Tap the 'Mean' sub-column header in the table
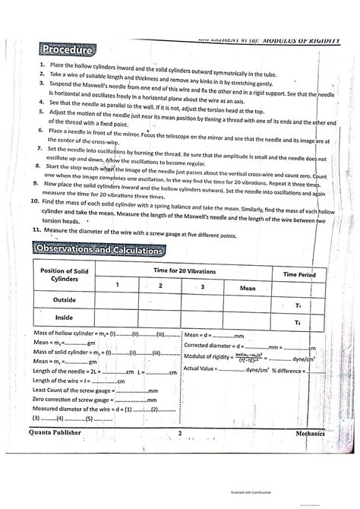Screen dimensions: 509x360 (247, 288)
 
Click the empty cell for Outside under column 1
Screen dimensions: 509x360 (117, 301)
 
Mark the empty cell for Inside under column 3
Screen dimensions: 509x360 (203, 319)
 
